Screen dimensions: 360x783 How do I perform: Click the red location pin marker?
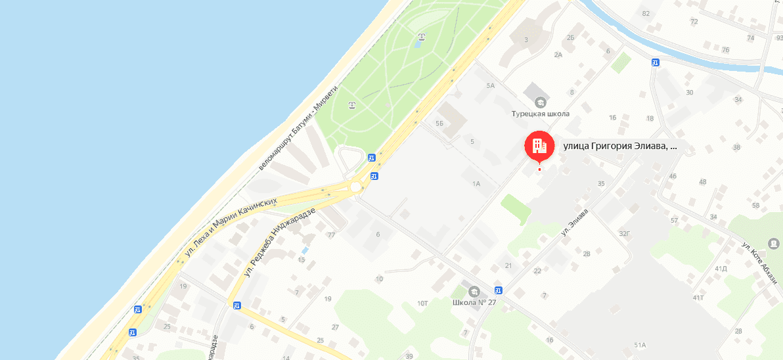pyautogui.click(x=539, y=146)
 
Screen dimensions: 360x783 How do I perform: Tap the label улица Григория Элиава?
pyautogui.click(x=619, y=146)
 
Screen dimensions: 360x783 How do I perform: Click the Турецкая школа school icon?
pyautogui.click(x=540, y=102)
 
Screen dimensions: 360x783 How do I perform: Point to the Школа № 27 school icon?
pyautogui.click(x=473, y=291)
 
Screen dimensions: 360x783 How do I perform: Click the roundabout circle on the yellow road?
pyautogui.click(x=355, y=187)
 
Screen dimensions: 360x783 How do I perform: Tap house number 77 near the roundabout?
pyautogui.click(x=331, y=235)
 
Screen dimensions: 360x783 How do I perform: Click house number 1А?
pyautogui.click(x=476, y=184)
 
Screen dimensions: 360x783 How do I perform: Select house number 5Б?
pyautogui.click(x=439, y=124)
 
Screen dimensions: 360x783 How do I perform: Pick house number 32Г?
pyautogui.click(x=624, y=233)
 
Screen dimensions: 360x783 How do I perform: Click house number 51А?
pyautogui.click(x=640, y=345)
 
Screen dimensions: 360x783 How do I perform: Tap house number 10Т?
pyautogui.click(x=422, y=303)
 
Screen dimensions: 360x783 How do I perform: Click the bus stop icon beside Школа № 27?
pyautogui.click(x=499, y=290)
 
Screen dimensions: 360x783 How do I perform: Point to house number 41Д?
pyautogui.click(x=721, y=268)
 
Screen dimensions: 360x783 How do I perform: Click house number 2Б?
pyautogui.click(x=571, y=37)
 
